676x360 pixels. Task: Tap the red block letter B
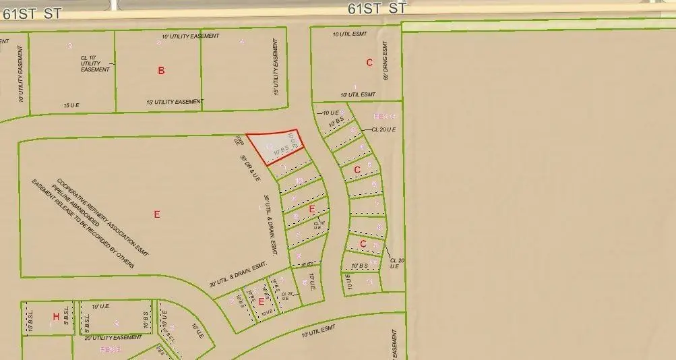(x=161, y=70)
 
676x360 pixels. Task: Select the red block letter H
(x=56, y=316)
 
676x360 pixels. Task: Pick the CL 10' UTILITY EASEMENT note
(x=95, y=64)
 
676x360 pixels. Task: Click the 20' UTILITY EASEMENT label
(x=113, y=337)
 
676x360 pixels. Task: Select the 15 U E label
(x=71, y=106)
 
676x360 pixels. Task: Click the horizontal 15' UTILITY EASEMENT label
(x=175, y=102)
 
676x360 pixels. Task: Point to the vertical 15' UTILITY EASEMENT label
(x=276, y=67)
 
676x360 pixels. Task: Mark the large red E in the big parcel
(x=157, y=214)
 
